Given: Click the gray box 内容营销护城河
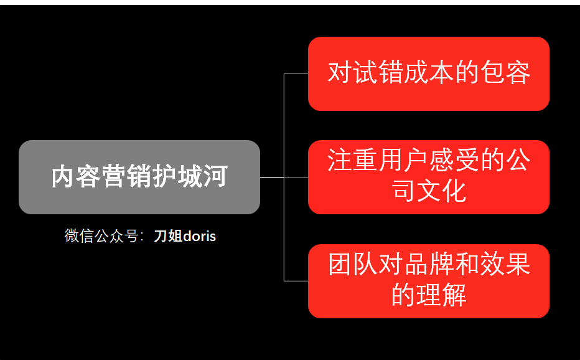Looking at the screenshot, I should [139, 177].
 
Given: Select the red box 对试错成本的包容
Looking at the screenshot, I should [428, 73].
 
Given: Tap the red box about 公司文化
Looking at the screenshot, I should [428, 177].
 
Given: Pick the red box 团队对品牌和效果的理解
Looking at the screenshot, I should [428, 280].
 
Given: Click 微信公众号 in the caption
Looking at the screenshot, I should [101, 237].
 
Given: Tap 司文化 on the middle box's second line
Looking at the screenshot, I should [429, 191].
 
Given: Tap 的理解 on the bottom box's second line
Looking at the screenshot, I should [429, 295].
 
